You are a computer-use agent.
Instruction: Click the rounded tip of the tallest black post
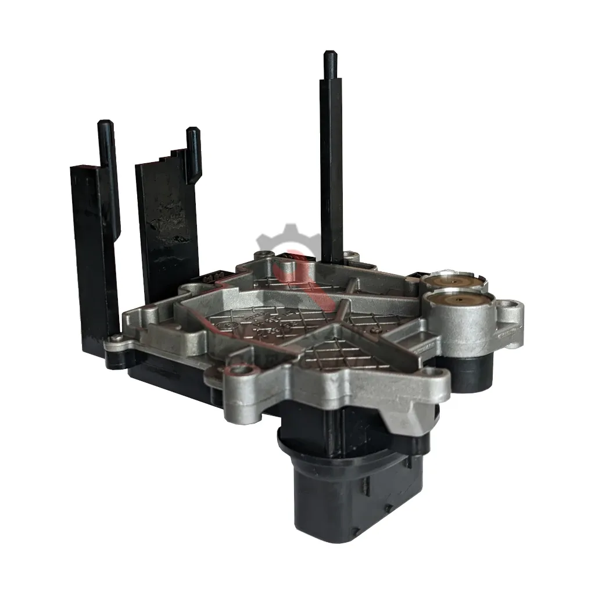point(329,56)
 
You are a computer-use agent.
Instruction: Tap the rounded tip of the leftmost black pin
point(105,124)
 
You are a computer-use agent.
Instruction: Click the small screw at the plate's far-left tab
point(116,338)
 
